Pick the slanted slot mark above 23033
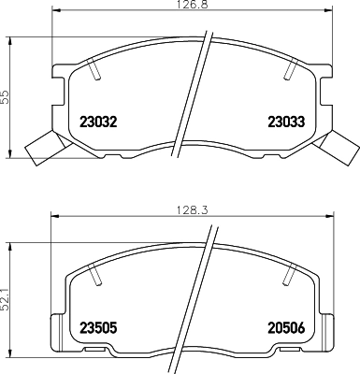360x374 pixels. click(293, 68)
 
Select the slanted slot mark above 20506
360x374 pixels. click(288, 274)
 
